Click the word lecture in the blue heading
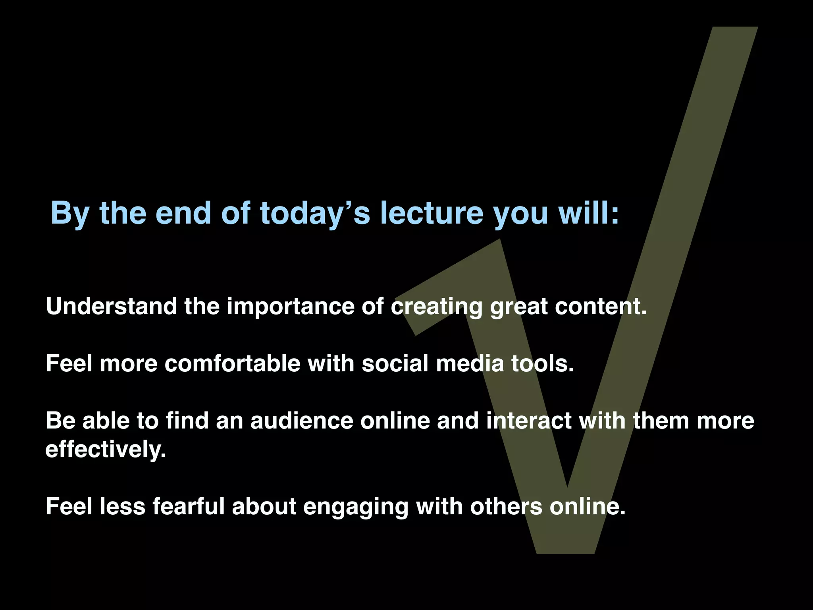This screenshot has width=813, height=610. tap(432, 213)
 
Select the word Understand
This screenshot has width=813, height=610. tap(111, 307)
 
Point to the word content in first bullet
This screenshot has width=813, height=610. tap(600, 307)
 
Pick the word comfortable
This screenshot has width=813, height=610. tap(232, 363)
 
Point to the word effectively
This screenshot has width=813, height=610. tap(106, 450)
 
